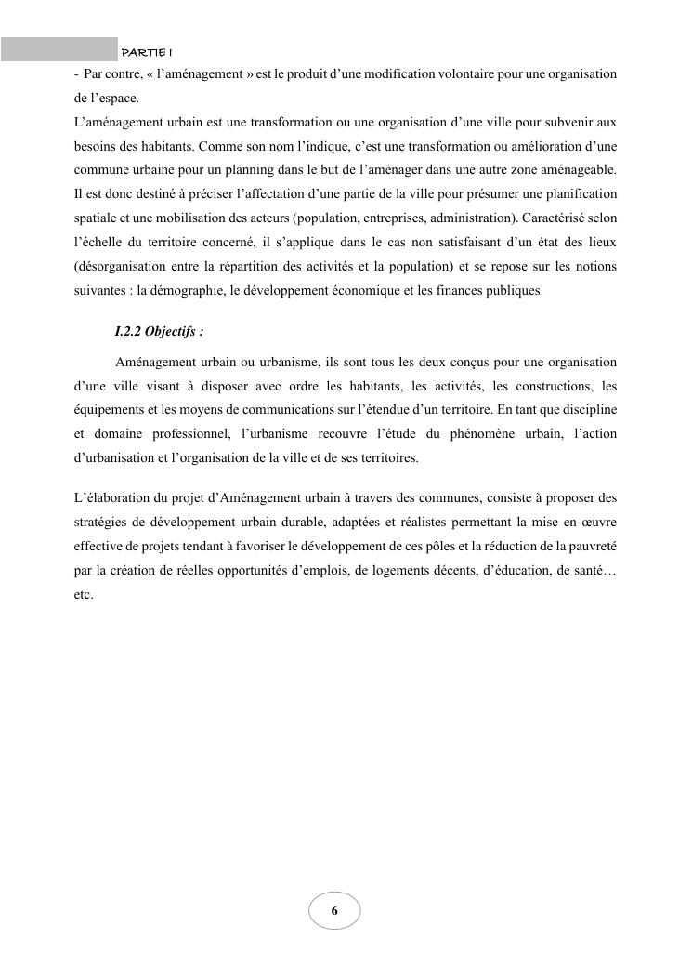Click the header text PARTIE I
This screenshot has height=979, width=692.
point(148,49)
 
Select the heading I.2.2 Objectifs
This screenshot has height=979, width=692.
point(159,332)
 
